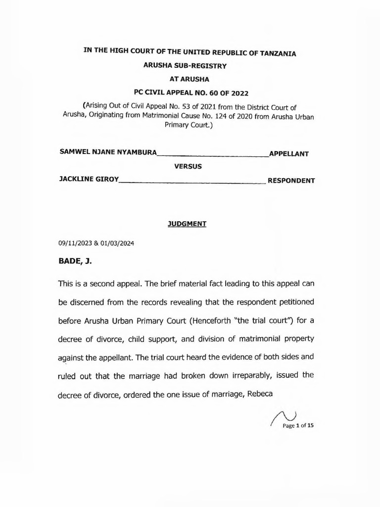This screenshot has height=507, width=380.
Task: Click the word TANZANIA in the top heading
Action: (x=274, y=53)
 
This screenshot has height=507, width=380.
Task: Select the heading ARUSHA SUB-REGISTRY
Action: (x=190, y=65)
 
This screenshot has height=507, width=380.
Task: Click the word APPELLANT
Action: (x=288, y=154)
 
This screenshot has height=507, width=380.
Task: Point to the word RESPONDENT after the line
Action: (x=291, y=181)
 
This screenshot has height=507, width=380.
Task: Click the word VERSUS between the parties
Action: (x=188, y=167)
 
